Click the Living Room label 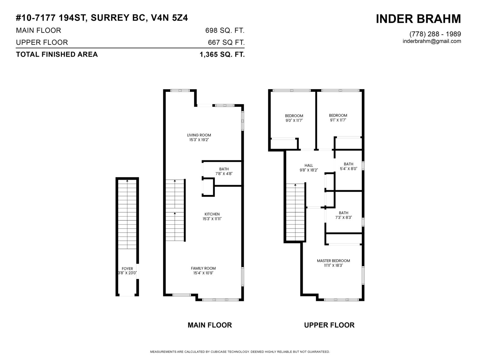(x=199, y=135)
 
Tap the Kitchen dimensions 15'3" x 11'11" (x=212, y=219)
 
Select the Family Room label (x=203, y=268)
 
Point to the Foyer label (x=127, y=269)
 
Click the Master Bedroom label (x=333, y=261)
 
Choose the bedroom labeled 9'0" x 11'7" (x=294, y=118)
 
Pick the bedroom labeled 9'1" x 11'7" (x=338, y=118)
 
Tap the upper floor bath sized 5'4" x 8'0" (x=348, y=166)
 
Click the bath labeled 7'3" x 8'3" (x=343, y=215)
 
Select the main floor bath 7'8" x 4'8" (x=224, y=171)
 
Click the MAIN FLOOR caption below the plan (x=210, y=325)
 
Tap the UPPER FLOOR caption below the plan (x=329, y=325)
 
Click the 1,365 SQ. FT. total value (x=222, y=55)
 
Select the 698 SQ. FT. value (x=225, y=31)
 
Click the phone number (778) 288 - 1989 (x=435, y=34)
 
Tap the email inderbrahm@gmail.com (x=432, y=41)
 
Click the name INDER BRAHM (x=418, y=19)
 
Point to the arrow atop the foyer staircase (x=127, y=181)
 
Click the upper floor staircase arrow (x=295, y=185)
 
